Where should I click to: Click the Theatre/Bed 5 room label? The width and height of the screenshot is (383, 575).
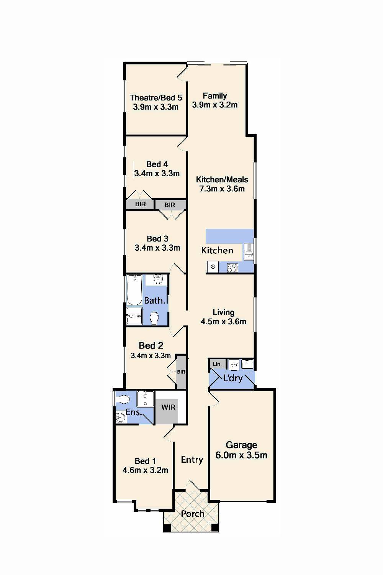click(155, 98)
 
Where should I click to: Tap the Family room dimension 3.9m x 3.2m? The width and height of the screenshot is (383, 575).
click(214, 105)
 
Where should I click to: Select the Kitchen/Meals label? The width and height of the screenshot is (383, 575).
click(222, 179)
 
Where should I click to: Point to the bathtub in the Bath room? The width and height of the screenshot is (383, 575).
click(134, 290)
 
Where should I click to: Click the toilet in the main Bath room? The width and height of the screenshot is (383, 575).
click(154, 318)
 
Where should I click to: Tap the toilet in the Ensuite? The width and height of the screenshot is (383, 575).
click(123, 399)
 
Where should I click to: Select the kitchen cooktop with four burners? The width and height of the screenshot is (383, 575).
click(232, 267)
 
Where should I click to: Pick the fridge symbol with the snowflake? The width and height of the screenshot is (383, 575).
click(213, 267)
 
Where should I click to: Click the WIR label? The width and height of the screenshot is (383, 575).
click(168, 407)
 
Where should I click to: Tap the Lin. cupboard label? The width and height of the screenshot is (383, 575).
click(217, 364)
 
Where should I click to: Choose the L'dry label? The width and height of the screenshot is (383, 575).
click(233, 378)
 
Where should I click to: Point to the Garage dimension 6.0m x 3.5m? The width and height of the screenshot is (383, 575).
click(241, 455)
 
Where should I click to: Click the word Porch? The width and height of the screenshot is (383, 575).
click(192, 514)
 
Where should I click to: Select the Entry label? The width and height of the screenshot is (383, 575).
click(192, 459)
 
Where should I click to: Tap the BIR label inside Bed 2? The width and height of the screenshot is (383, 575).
click(181, 372)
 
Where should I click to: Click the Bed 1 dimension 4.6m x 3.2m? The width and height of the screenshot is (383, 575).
click(145, 470)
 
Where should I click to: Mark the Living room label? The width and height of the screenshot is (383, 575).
click(223, 312)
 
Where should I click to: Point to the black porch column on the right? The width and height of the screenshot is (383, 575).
click(215, 528)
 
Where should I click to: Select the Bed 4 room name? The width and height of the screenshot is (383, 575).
click(157, 164)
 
